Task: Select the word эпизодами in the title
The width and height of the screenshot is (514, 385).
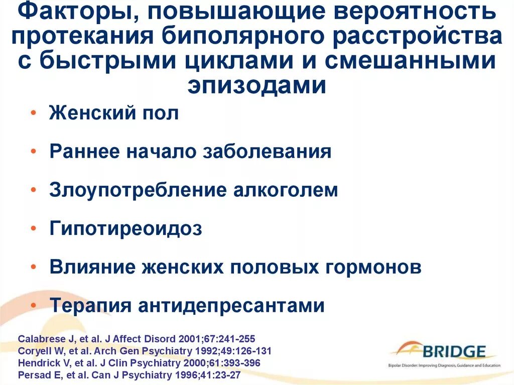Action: click(257, 85)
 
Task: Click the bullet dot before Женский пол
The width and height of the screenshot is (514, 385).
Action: click(33, 114)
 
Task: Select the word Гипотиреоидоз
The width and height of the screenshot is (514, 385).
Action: click(125, 229)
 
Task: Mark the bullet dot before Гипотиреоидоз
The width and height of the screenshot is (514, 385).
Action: click(33, 228)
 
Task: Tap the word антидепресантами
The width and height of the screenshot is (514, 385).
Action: click(232, 305)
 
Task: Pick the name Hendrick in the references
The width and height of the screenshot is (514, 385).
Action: click(37, 362)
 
